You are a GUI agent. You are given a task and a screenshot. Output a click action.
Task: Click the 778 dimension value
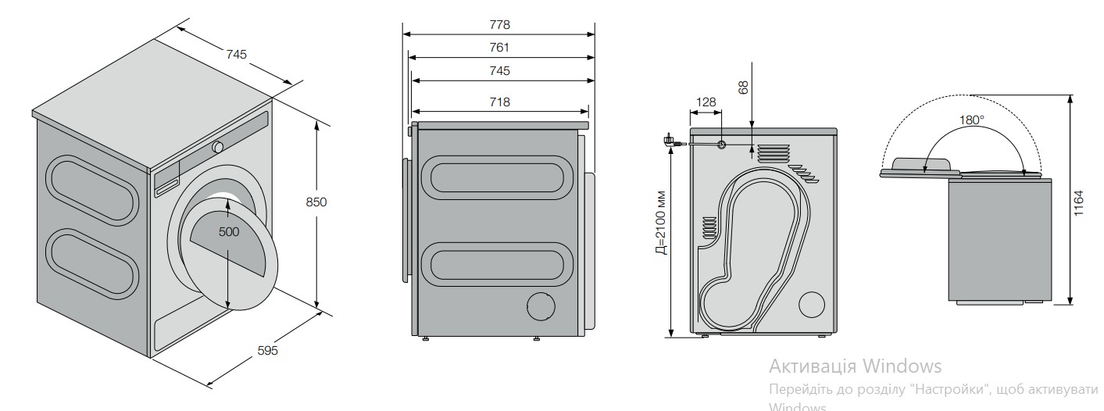(499, 25)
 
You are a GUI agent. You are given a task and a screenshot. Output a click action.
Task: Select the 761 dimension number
(499, 48)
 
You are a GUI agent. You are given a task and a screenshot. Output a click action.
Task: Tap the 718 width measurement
(499, 102)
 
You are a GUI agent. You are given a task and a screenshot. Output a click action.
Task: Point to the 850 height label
(316, 202)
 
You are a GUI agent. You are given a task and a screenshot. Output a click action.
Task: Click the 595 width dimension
(268, 350)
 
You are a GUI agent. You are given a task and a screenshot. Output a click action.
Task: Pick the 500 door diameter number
(229, 231)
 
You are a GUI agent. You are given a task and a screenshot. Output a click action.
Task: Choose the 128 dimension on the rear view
(706, 102)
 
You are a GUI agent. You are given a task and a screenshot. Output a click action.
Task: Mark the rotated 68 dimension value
(743, 88)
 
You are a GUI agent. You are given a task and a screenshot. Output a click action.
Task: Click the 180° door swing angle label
(971, 120)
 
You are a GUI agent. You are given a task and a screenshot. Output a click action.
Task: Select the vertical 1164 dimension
(1078, 203)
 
